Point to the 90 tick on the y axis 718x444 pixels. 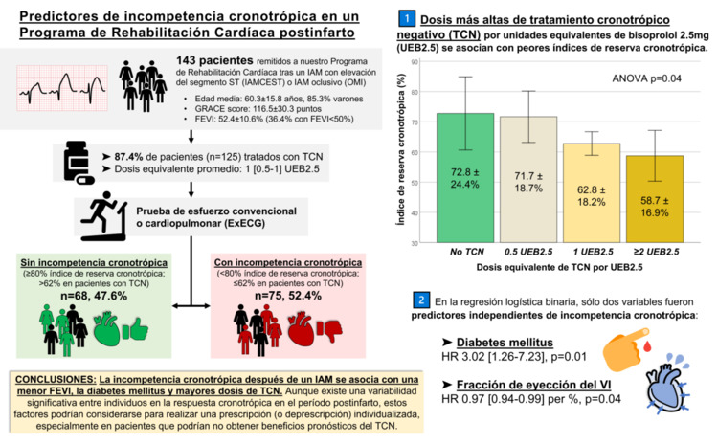point(416,62)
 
